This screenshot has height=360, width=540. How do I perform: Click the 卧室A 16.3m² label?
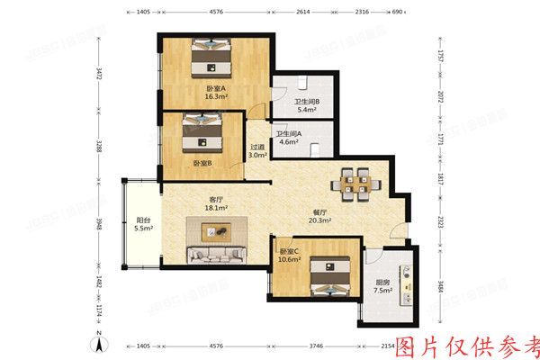click(216, 91)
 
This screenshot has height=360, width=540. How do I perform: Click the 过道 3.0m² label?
click(258, 151)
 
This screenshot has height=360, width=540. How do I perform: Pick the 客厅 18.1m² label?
click(216, 204)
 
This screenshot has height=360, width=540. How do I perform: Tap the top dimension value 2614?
click(303, 13)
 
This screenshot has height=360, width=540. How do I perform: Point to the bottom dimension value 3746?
click(312, 346)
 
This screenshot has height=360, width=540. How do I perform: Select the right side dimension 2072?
click(441, 98)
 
